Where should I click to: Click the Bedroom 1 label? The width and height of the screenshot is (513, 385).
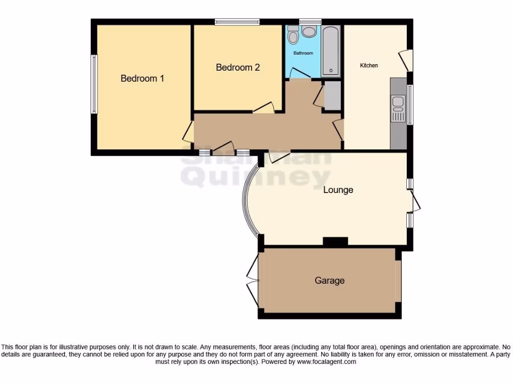tap(142, 79)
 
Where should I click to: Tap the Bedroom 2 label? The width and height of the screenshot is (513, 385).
tap(237, 68)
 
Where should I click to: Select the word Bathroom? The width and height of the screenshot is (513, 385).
tap(303, 53)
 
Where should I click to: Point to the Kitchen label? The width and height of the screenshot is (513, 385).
tap(369, 66)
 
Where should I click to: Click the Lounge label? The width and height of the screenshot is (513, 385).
tap(338, 190)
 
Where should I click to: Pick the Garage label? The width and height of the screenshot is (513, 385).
tap(329, 281)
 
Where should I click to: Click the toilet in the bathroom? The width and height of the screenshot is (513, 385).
tap(293, 35)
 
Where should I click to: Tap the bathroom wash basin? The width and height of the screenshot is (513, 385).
tap(309, 32)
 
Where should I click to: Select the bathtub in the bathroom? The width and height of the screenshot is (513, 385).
tap(331, 50)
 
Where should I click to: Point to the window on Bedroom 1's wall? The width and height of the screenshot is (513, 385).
tap(93, 84)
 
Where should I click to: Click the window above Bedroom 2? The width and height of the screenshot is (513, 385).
tap(237, 22)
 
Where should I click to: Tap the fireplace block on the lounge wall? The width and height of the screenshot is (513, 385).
tap(335, 242)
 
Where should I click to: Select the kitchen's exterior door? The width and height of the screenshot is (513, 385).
tap(406, 60)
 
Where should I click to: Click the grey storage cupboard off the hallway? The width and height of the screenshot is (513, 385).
tap(331, 95)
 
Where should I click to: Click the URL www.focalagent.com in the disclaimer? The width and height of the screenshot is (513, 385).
tap(326, 361)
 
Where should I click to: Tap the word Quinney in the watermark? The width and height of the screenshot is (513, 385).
tap(255, 177)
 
